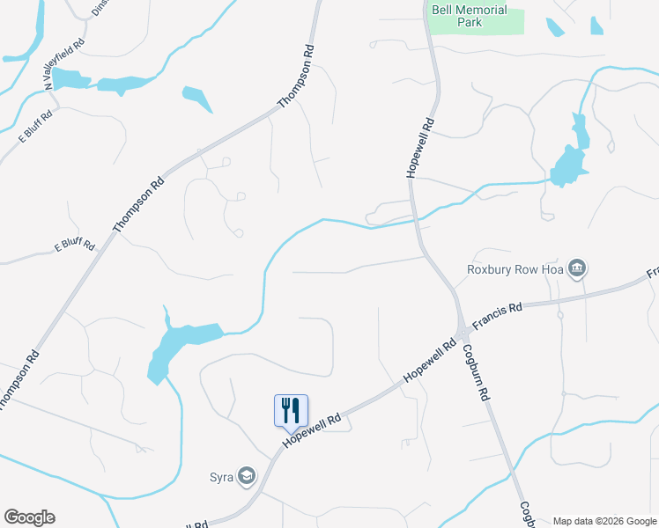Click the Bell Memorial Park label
coord(470,16)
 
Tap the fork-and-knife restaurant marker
coord(292,410)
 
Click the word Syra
coord(221,478)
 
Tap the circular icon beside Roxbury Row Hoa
coord(577,268)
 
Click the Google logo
coord(29,517)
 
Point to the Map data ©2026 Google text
coord(604,521)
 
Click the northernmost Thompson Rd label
coord(296,77)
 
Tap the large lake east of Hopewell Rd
coord(568,160)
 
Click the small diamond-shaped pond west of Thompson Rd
coord(197,99)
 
